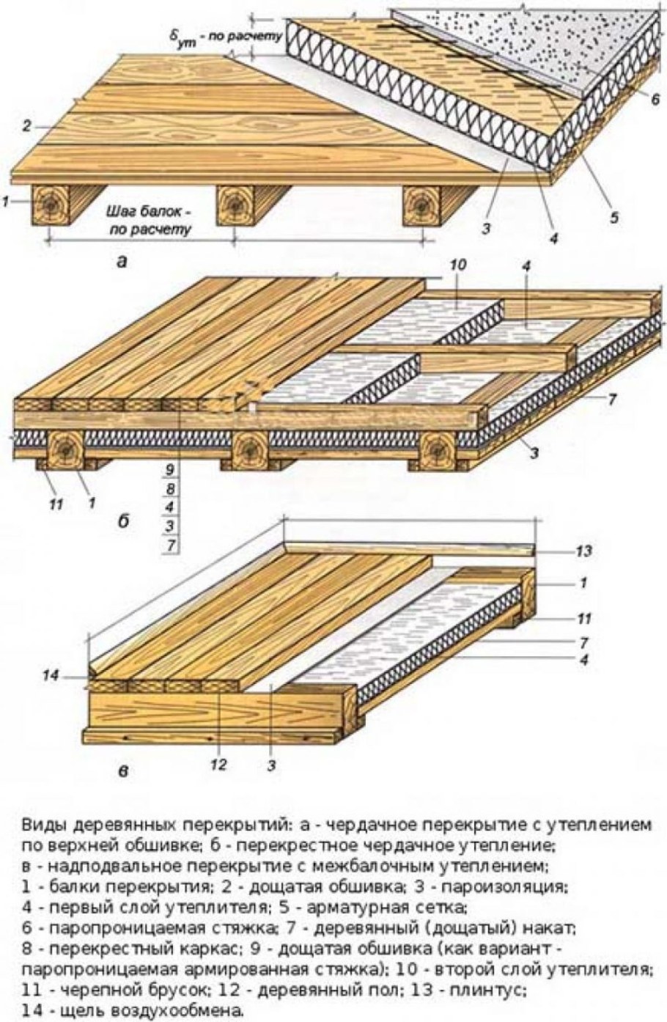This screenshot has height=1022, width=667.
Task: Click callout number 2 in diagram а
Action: [x=26, y=126]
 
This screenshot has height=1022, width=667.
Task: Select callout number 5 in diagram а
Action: [x=614, y=217]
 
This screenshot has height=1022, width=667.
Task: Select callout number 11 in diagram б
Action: [x=57, y=504]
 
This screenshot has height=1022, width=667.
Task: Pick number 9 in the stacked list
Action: [x=170, y=471]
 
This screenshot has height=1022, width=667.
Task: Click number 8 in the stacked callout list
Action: [x=170, y=489]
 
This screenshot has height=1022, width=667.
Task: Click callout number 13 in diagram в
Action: [x=583, y=551]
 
